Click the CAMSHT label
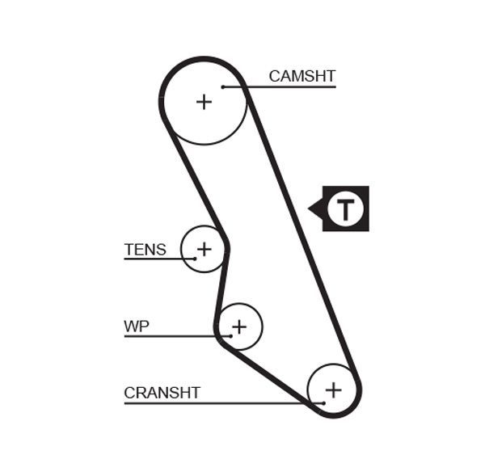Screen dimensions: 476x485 coord(302,76)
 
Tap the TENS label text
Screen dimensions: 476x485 coord(145,249)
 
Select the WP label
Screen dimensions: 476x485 coord(137,326)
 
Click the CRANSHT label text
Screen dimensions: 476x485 coord(162,393)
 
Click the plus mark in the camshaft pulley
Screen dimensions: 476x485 coord(205,101)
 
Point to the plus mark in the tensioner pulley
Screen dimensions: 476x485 coord(205,248)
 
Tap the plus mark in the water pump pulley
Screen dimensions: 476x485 coord(238,326)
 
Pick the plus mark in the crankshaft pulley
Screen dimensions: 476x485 coord(333,390)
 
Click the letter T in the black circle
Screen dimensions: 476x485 coord(347,209)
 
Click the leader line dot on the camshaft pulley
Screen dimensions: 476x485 coord(222,86)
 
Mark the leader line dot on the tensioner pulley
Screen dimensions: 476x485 coord(195,259)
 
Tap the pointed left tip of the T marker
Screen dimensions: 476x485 coord(310,209)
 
